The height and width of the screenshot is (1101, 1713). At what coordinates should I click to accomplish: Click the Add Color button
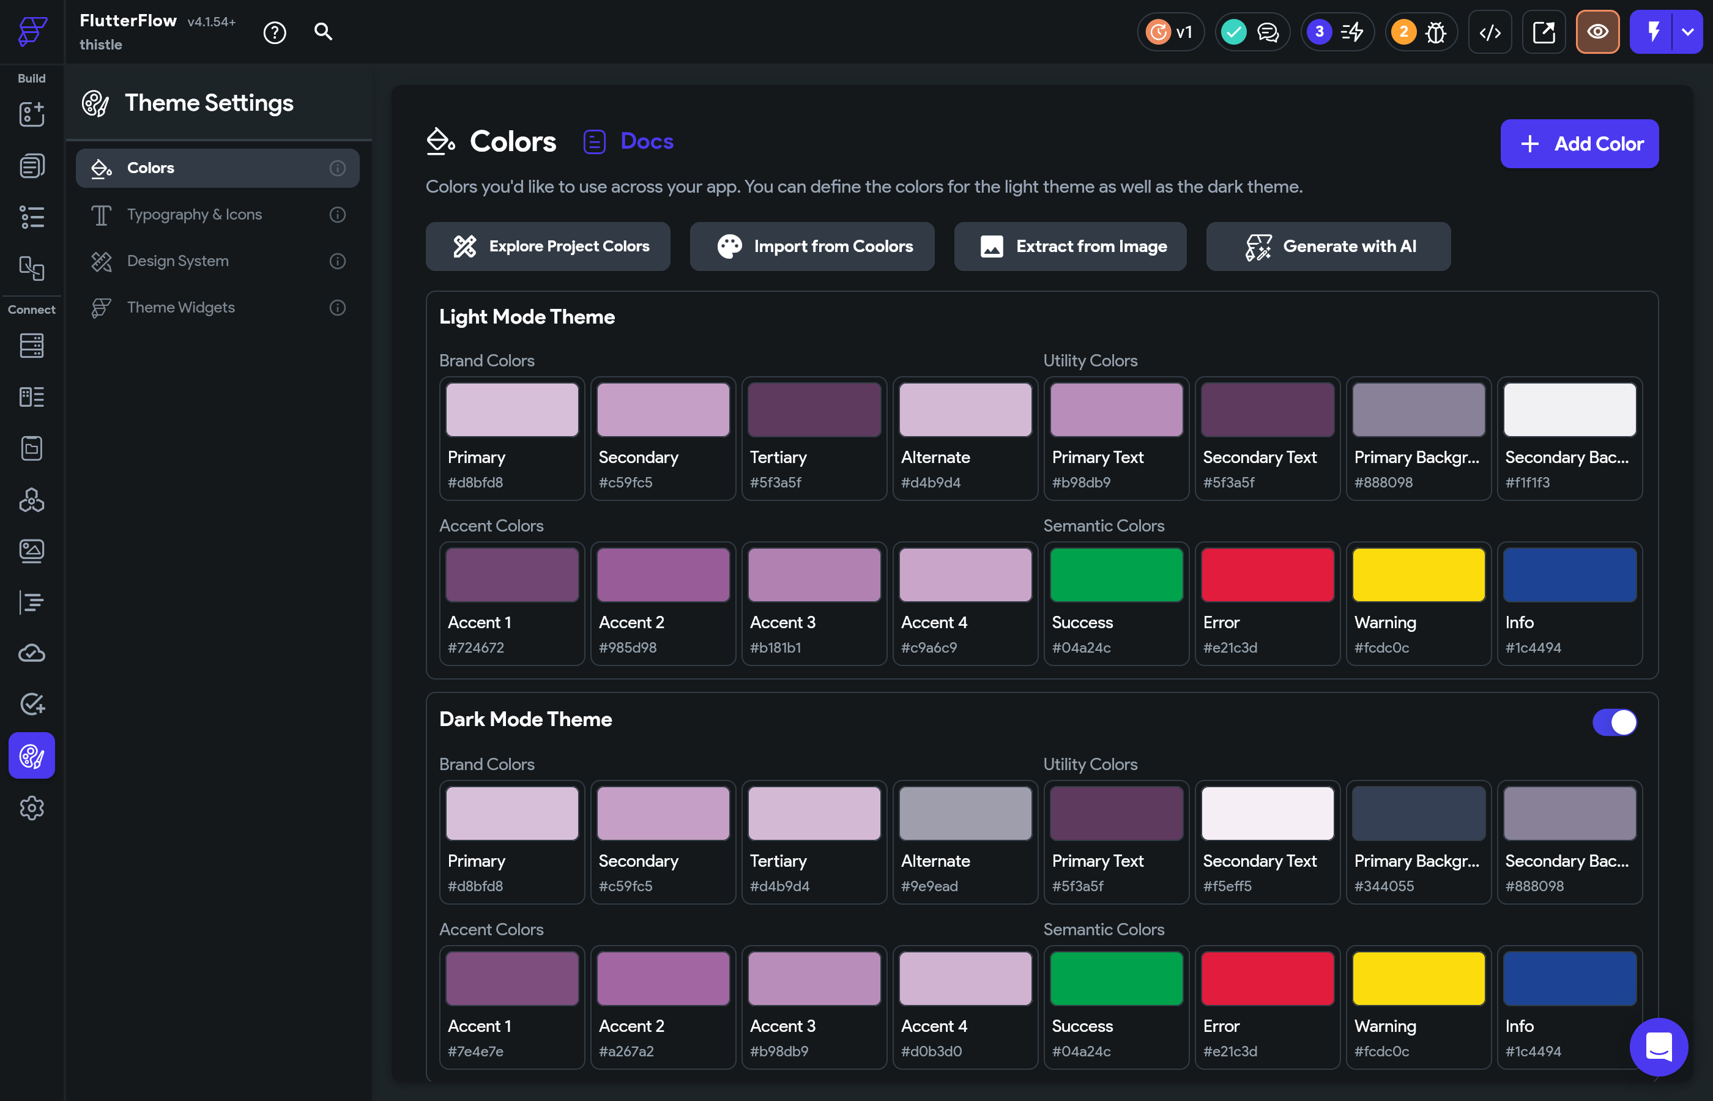1578,144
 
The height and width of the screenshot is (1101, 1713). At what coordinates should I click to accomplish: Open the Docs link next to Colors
645,141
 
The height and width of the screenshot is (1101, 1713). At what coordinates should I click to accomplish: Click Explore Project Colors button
548,247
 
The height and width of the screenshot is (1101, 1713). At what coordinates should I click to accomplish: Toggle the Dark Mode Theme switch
1614,722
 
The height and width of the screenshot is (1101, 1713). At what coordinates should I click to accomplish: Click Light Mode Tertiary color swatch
814,410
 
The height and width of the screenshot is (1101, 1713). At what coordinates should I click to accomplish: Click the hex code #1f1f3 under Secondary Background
1527,483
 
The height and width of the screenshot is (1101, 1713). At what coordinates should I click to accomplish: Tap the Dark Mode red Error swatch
1267,979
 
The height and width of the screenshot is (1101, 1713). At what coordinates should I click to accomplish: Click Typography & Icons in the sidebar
194,215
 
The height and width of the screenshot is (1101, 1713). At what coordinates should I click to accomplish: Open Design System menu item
177,261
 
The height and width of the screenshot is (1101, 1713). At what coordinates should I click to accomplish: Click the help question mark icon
275,32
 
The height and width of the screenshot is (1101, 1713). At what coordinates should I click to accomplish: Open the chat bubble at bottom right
1658,1047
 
